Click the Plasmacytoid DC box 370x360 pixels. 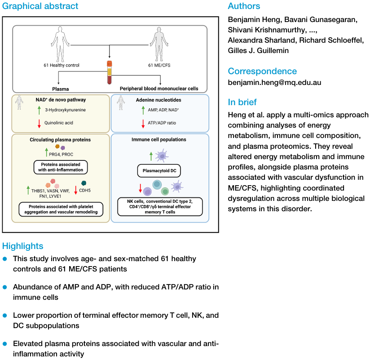[159, 170]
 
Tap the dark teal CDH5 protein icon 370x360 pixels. [84, 183]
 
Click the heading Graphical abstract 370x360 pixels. [40, 6]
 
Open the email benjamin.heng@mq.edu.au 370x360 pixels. [274, 83]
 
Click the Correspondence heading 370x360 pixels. [262, 71]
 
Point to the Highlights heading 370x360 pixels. [23, 246]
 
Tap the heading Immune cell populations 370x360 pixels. [159, 140]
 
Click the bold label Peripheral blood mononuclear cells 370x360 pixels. [159, 89]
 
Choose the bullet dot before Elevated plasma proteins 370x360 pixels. [5, 343]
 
